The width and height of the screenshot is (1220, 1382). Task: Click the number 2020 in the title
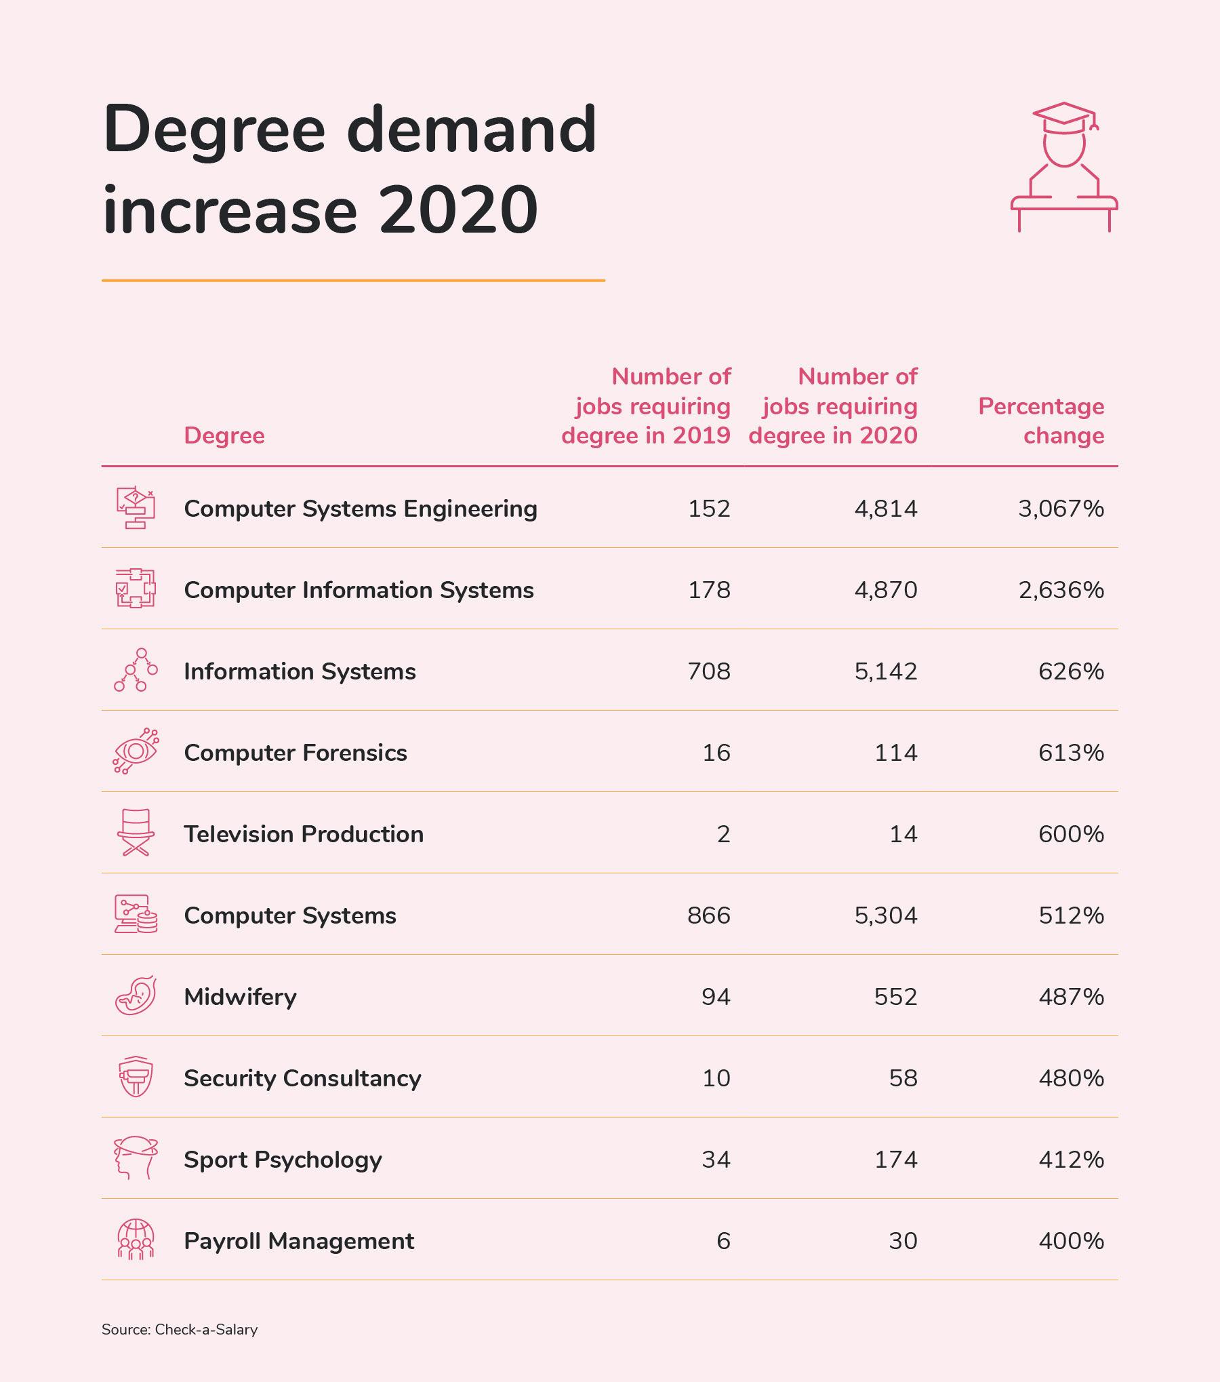(458, 210)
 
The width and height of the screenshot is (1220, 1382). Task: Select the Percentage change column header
(1041, 420)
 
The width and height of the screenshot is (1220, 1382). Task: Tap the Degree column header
(224, 435)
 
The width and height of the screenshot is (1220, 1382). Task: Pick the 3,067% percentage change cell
(1061, 509)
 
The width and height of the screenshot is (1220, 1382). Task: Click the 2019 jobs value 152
(709, 509)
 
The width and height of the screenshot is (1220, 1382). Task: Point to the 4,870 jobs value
(885, 590)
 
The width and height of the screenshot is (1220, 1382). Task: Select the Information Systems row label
(300, 671)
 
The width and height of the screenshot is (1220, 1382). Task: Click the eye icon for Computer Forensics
(136, 751)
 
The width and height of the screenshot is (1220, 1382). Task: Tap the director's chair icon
(136, 833)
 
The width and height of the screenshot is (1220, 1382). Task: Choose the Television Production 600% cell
(1071, 834)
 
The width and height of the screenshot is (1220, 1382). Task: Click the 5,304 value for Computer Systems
(885, 915)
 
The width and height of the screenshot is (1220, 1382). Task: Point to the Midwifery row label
(240, 997)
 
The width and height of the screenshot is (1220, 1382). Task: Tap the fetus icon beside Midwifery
(136, 995)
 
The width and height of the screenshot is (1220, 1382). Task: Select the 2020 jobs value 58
(903, 1078)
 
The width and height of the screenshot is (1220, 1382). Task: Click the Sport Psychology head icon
(136, 1158)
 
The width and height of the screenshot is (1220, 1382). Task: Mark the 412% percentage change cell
(1071, 1160)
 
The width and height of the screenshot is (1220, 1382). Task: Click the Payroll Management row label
(298, 1241)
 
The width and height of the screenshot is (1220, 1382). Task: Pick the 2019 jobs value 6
(723, 1241)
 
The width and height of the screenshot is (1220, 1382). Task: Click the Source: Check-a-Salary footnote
(180, 1329)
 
